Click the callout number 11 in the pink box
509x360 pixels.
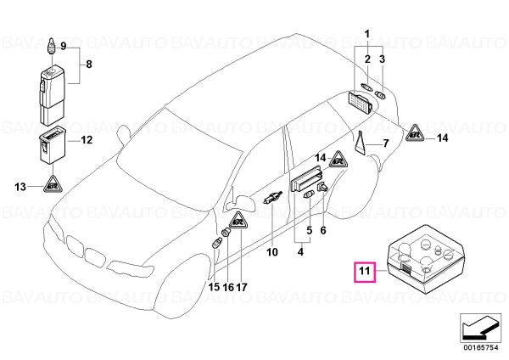click(x=365, y=270)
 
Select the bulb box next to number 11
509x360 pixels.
click(x=426, y=259)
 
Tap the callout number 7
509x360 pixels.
click(x=386, y=143)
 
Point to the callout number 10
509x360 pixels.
click(x=272, y=252)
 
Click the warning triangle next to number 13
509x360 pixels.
click(x=53, y=184)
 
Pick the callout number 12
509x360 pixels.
click(x=87, y=140)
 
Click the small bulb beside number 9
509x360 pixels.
click(x=52, y=47)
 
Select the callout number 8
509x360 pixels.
click(x=89, y=64)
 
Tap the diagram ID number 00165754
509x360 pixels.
click(x=480, y=348)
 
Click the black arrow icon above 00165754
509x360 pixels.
click(x=479, y=328)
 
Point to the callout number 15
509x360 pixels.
click(x=214, y=287)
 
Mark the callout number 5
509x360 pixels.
click(x=310, y=230)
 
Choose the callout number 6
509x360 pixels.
click(x=323, y=230)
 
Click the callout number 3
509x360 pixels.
click(x=382, y=59)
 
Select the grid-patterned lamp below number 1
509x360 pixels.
click(x=361, y=102)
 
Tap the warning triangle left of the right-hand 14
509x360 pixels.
click(x=416, y=133)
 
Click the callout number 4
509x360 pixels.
click(x=300, y=252)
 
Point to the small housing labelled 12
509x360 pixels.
click(x=53, y=144)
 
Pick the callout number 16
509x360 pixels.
click(x=228, y=287)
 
